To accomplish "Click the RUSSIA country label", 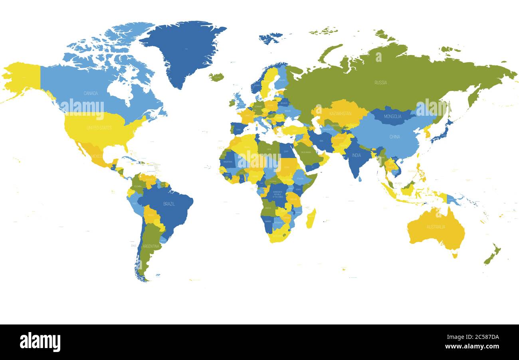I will click(x=380, y=83).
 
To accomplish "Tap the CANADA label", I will click(x=91, y=93).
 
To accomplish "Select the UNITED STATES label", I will click(x=99, y=128).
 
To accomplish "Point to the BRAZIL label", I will click(x=169, y=204).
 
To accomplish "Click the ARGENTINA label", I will click(x=151, y=246).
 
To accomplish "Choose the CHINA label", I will click(x=394, y=137).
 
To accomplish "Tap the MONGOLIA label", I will click(x=392, y=117).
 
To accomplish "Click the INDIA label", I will click(x=356, y=155).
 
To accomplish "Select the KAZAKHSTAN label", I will click(x=340, y=113).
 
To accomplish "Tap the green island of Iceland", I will click(x=216, y=77).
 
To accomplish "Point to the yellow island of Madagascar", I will click(x=311, y=218).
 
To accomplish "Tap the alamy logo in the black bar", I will click(x=40, y=342).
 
